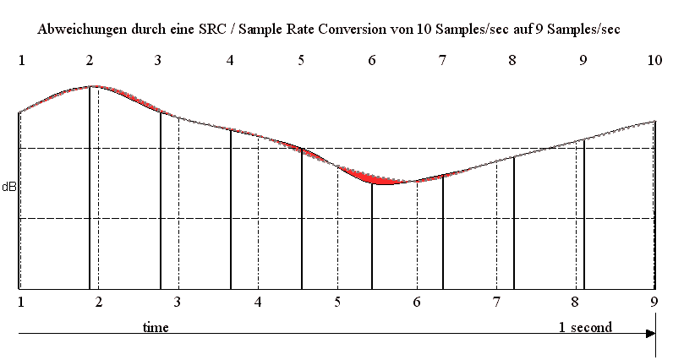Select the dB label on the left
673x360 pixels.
coord(8,184)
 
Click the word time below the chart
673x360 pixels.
coord(156,326)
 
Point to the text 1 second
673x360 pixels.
coord(585,326)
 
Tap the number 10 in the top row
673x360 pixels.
coord(655,61)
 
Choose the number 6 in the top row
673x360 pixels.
coord(372,61)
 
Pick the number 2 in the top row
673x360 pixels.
coord(90,61)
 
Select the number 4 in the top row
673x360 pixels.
coord(231,61)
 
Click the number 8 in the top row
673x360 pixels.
coord(513,61)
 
